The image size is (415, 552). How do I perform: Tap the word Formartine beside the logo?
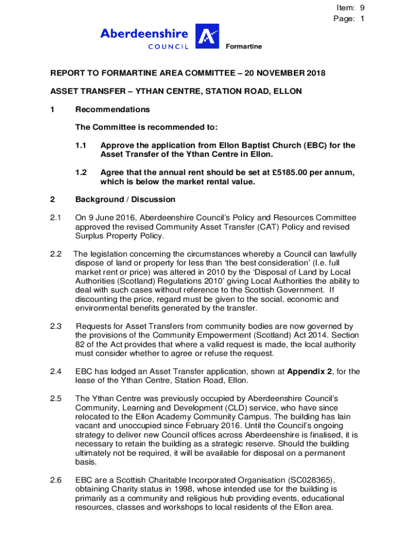(244, 47)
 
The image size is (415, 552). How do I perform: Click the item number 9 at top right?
(363, 8)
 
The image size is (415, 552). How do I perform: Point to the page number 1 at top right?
(363, 18)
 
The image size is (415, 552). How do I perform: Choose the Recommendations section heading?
(112, 109)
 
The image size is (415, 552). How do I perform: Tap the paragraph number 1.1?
(81, 146)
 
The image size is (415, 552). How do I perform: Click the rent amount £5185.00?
(293, 172)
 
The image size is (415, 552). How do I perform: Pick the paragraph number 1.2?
(81, 172)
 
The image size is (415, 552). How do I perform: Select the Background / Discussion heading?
(125, 199)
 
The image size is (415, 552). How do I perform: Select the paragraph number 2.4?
(56, 371)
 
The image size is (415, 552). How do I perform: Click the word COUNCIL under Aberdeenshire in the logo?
(168, 46)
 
